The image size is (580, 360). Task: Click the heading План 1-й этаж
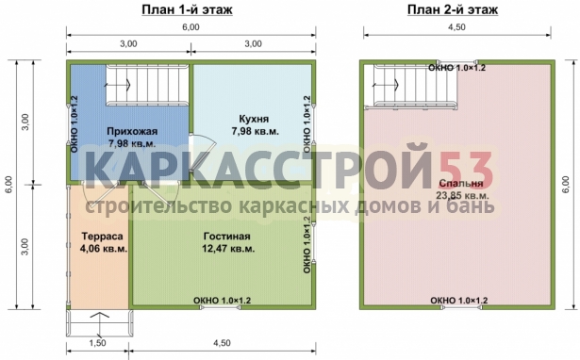coord(187,10)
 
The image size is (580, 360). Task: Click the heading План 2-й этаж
coord(453,10)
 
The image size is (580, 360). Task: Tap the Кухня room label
coord(254,119)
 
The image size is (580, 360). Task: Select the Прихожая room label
coord(132,131)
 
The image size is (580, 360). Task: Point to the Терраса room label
coord(102,236)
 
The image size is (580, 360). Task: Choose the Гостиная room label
coord(226,236)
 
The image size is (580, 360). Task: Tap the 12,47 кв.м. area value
coord(228,249)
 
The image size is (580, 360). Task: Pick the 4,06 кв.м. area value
coord(104,249)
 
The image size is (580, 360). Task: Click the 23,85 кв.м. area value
coord(462,195)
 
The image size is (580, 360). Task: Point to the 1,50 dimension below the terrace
coord(98,343)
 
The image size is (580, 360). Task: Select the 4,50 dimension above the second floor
coord(457,27)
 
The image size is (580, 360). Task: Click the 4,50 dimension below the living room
coord(222,343)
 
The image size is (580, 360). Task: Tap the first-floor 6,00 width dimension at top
coord(191,27)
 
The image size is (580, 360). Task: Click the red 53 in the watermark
coord(467,166)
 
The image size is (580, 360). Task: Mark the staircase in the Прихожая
coord(147,85)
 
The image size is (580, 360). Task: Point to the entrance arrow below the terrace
coord(100,323)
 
